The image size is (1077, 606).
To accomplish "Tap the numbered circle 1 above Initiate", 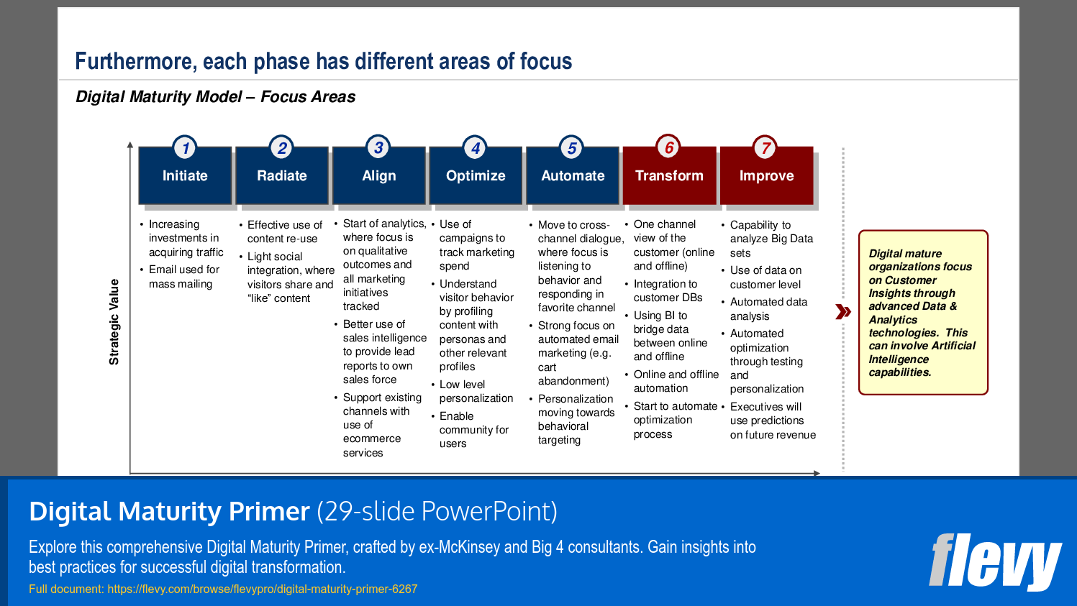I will (x=185, y=148).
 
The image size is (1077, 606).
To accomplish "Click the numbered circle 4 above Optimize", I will (x=475, y=148).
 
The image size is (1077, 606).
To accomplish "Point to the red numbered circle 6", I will (x=668, y=147).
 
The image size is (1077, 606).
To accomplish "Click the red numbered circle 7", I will (x=765, y=148).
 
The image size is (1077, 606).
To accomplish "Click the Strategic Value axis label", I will (x=114, y=322).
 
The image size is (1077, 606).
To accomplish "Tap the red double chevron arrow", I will (x=842, y=312).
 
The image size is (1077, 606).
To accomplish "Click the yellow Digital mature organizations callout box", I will (x=923, y=313).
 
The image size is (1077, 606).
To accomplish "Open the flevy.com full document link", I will (x=262, y=589).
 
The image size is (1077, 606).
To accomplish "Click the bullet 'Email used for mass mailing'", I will (x=183, y=277).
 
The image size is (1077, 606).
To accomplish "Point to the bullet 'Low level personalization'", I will (x=476, y=391).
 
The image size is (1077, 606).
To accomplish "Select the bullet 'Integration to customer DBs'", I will (x=668, y=290).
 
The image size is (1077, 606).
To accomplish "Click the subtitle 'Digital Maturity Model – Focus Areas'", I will (x=216, y=97).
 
